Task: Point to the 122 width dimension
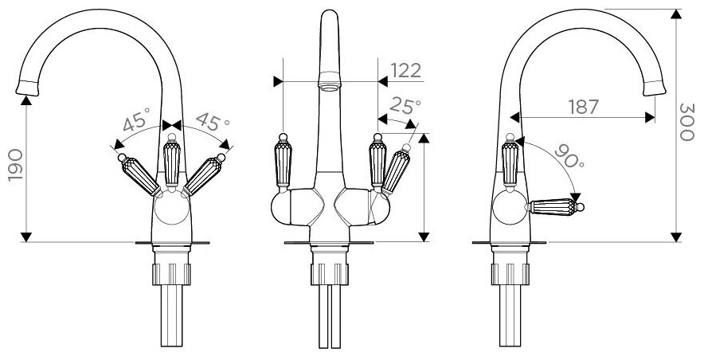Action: pyautogui.click(x=405, y=70)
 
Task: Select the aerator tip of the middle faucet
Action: pyautogui.click(x=328, y=82)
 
